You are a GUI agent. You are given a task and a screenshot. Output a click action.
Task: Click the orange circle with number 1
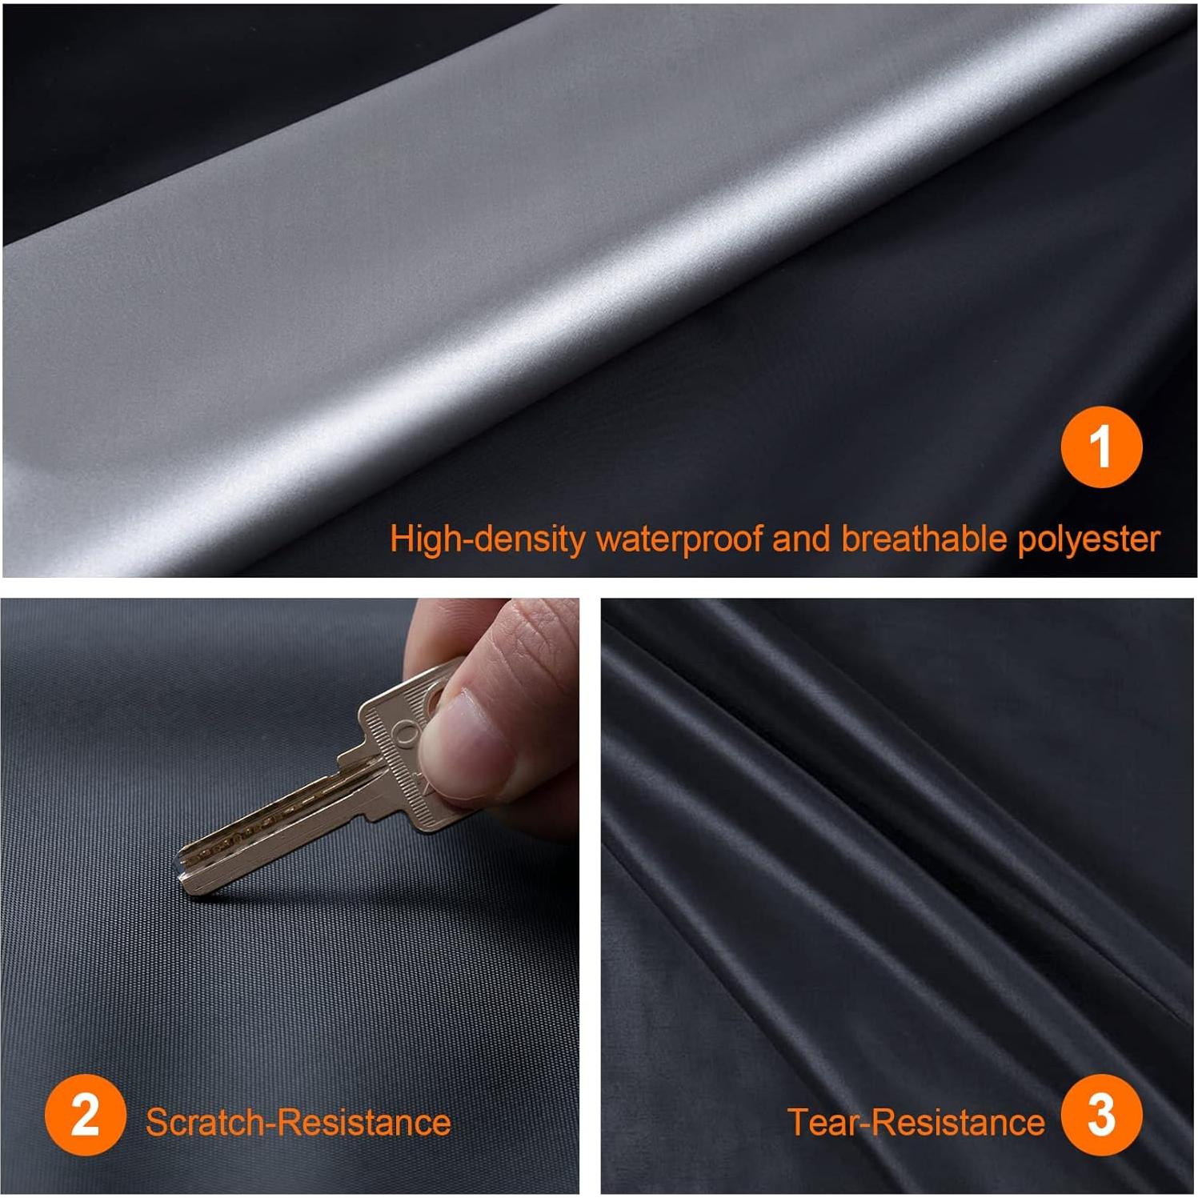point(1100,447)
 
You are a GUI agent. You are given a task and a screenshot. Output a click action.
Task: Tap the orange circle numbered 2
point(85,1116)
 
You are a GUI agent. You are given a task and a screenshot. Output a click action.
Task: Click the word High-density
point(487,539)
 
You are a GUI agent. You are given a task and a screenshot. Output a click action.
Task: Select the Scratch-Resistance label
point(298,1122)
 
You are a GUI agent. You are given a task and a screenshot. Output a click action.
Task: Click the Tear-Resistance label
point(916,1122)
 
